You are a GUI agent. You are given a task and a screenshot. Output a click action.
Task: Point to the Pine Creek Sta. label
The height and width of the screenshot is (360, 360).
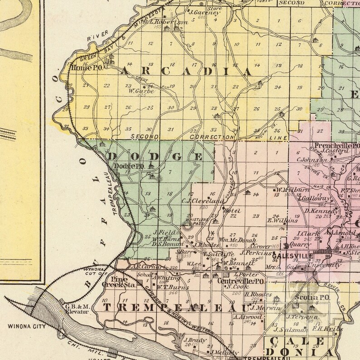point(124,282)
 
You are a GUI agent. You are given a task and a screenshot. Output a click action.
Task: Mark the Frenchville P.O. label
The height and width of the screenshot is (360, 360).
point(341,146)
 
